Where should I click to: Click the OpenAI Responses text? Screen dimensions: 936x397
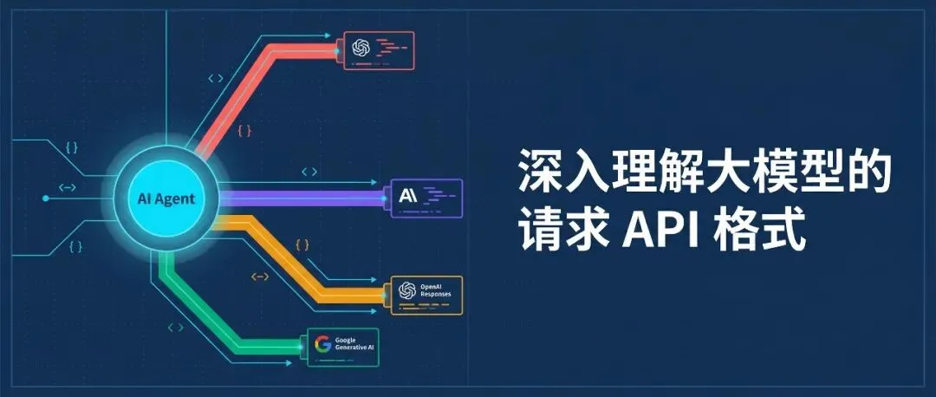tap(436, 290)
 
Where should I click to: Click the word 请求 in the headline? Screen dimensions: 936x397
tap(565, 232)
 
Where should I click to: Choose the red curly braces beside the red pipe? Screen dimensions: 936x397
tap(244, 132)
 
